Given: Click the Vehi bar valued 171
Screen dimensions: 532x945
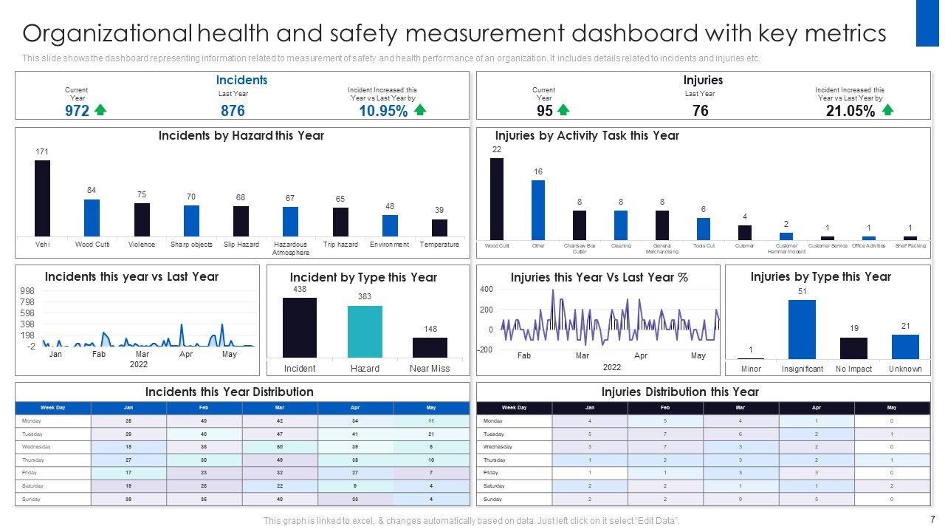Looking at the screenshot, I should pos(42,198).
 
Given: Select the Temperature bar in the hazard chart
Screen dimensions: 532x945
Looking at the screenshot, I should pos(439,228).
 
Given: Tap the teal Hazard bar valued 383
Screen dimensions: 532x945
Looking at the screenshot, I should pos(365,332).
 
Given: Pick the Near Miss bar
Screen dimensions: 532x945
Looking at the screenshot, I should pos(430,347).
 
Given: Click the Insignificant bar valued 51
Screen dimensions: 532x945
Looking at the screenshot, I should pos(802,330).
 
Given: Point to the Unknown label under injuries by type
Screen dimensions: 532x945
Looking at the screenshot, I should pos(906,369).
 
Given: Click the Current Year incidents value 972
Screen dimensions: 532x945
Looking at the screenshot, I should pos(77,111).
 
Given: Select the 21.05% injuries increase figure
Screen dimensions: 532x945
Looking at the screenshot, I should pos(850,111).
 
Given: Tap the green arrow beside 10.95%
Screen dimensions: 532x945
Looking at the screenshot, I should pos(420,110).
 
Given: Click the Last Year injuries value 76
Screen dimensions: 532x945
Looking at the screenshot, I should pos(700,111).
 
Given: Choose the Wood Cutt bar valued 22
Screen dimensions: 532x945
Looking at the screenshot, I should pos(497,199).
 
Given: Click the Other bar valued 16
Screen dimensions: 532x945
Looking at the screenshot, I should pos(538,210).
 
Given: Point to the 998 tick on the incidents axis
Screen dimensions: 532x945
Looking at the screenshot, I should pos(27,291).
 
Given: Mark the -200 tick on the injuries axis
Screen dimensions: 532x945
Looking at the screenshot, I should pos(486,349).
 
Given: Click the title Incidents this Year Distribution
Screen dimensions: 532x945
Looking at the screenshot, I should pos(230,392).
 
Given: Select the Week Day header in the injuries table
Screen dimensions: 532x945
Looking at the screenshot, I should pos(514,408).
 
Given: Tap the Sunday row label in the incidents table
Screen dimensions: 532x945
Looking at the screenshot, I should pos(32,499).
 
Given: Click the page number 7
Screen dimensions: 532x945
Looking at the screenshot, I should pos(932,519).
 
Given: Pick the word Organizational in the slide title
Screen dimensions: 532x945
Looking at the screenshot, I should pos(106,33).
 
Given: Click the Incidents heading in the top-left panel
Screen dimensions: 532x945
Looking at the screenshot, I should pos(241,80).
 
